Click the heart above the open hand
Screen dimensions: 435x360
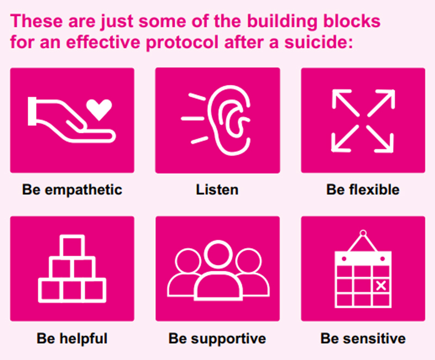(99, 109)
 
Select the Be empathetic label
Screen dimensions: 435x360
(72, 190)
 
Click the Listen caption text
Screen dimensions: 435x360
(217, 190)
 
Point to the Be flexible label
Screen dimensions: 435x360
(363, 190)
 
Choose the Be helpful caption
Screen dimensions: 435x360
(72, 339)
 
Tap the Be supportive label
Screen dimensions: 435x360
(217, 339)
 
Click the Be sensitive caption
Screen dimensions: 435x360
(363, 339)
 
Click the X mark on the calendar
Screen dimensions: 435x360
(381, 285)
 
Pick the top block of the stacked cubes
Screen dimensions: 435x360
(72, 247)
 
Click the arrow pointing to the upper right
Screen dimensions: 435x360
(381, 103)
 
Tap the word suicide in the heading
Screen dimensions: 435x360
(319, 42)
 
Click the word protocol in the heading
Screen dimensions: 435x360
(183, 42)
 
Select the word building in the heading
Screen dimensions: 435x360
(282, 21)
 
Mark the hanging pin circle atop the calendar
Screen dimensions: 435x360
(363, 233)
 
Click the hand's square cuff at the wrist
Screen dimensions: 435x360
(32, 111)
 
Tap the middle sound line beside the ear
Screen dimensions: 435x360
(192, 119)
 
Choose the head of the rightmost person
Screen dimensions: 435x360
(248, 261)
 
